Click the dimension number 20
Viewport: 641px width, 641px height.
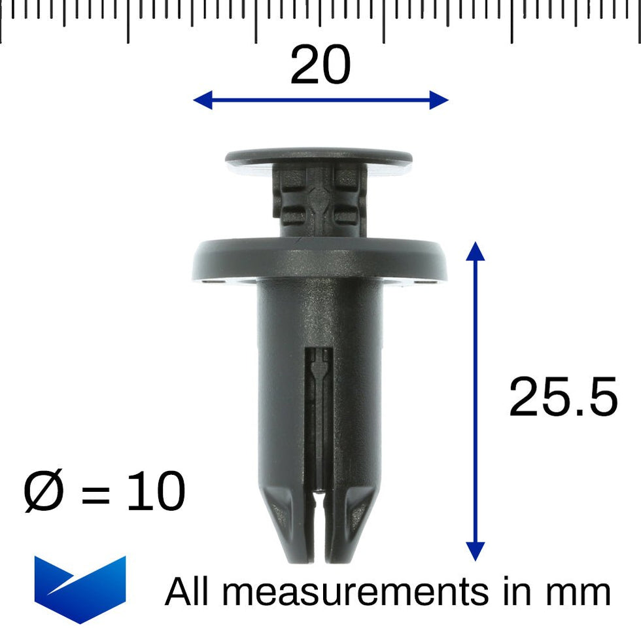click(x=320, y=66)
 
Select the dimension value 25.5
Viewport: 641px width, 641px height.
click(x=563, y=398)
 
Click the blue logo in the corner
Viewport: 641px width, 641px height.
click(x=80, y=588)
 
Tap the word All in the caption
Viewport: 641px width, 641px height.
click(x=188, y=591)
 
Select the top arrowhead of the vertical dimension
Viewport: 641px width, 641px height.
click(x=476, y=251)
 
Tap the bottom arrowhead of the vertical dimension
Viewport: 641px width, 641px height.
click(x=476, y=552)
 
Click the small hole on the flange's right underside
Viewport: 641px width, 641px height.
click(x=430, y=283)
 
